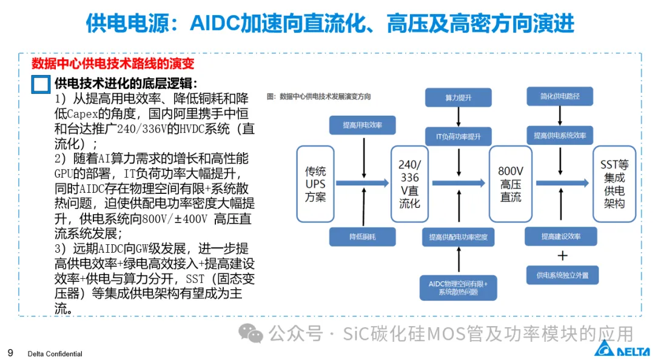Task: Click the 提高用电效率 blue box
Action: [x=362, y=125]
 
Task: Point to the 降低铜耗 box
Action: [x=362, y=236]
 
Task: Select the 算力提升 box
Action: [x=458, y=98]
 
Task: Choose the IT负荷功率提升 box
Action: [x=458, y=136]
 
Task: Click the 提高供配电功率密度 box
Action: [x=458, y=236]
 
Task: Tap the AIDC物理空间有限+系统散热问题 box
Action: [x=458, y=287]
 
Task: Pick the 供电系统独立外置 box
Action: [x=562, y=275]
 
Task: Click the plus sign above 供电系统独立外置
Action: [x=562, y=255]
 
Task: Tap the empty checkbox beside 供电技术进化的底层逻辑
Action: [x=41, y=84]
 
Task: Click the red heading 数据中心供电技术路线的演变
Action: [x=113, y=63]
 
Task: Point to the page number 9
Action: [x=10, y=353]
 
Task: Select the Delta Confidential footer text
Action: [x=55, y=354]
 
